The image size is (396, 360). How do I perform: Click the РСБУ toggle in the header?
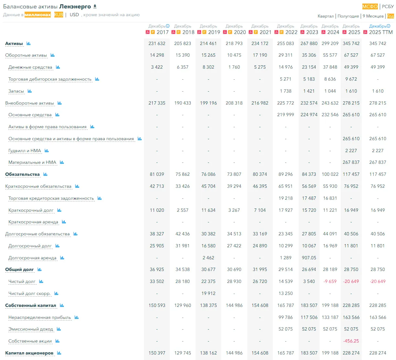click(388, 6)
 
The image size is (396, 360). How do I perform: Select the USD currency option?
click(74, 15)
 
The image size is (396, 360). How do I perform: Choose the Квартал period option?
click(325, 16)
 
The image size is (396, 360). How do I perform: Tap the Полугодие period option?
click(348, 16)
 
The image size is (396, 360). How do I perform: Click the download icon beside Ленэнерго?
click(95, 6)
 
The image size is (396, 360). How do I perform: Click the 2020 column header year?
click(240, 32)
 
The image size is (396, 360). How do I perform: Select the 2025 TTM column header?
click(381, 32)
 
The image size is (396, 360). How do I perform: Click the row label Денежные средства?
click(30, 67)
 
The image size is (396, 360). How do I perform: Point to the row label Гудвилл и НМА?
click(25, 151)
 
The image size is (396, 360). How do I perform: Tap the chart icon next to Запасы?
click(30, 91)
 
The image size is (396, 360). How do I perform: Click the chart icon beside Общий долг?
click(39, 269)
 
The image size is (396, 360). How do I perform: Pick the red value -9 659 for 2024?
click(330, 281)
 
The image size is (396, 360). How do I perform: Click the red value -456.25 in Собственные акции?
click(351, 341)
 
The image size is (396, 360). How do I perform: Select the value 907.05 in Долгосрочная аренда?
click(309, 258)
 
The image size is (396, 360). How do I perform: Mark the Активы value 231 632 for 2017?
click(157, 43)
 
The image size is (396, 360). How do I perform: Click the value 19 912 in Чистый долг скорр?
click(208, 293)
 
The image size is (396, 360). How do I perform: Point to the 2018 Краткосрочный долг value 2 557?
click(182, 210)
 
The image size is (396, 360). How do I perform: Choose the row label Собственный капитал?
click(31, 305)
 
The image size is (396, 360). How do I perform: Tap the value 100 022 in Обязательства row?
click(330, 174)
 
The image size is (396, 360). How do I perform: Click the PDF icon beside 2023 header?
click(302, 32)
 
